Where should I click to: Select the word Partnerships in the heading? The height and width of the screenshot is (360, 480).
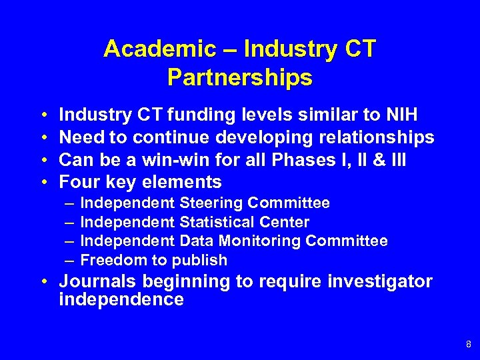point(240,78)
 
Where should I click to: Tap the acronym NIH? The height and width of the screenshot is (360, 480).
point(402,116)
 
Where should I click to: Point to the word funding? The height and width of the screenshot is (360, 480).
point(198,116)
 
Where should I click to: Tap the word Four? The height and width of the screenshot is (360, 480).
point(79,181)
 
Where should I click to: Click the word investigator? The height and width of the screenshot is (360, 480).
point(379,281)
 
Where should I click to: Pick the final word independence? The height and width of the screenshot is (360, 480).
point(121,300)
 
